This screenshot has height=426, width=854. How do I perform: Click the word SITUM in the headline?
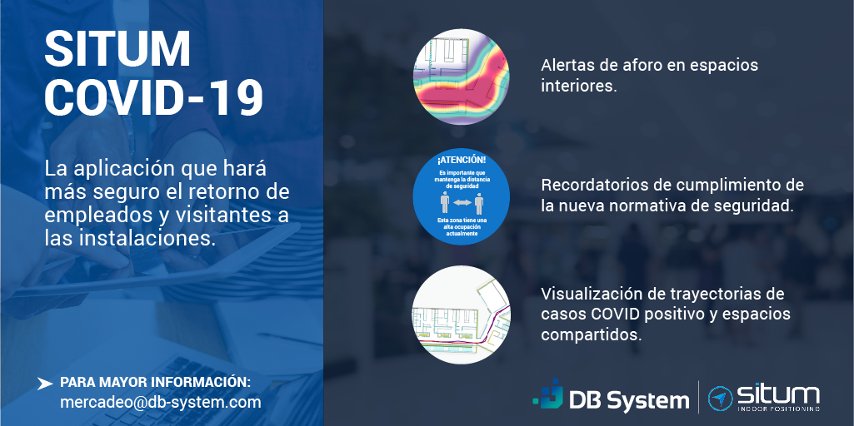[x=117, y=50]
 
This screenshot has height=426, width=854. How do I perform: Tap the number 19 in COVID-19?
[x=233, y=97]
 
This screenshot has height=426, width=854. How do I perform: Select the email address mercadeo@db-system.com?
[x=161, y=402]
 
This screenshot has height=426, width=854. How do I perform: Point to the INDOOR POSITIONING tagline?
[x=778, y=409]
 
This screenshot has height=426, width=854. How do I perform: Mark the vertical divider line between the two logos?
[x=698, y=396]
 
